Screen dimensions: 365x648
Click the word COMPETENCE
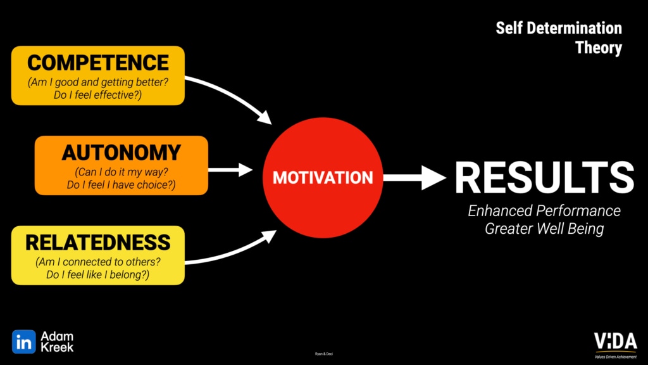(98, 63)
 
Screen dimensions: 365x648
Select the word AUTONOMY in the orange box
(121, 153)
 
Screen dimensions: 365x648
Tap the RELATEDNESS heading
(98, 242)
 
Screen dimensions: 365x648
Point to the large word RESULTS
(544, 177)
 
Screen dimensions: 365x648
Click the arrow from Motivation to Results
(414, 178)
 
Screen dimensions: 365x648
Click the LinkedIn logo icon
(23, 342)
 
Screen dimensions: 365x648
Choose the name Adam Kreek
(58, 342)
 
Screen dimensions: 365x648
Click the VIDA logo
(614, 341)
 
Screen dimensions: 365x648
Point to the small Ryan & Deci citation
(323, 353)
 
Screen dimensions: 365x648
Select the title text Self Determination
(558, 29)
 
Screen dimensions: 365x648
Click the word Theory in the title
(599, 48)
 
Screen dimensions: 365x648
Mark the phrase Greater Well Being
(544, 229)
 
